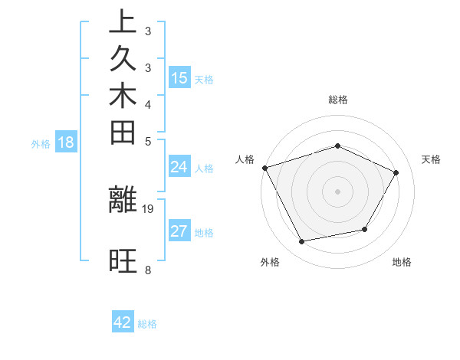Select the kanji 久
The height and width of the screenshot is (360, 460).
[x=123, y=61]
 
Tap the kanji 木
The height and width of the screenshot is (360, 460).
[x=123, y=97]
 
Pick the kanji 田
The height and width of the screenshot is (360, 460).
[x=123, y=134]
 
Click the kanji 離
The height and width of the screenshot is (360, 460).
[x=123, y=200]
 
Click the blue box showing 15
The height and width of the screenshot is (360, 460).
[x=179, y=77]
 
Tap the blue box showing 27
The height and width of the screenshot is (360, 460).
[x=179, y=231]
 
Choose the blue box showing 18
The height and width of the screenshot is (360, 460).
[x=66, y=142]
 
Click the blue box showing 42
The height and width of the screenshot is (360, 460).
[x=123, y=322]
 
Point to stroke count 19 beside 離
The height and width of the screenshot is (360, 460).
[x=149, y=208]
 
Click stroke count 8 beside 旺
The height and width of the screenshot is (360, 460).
[x=147, y=270]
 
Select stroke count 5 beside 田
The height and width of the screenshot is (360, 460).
[x=147, y=141]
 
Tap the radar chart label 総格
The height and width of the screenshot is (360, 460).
[x=338, y=100]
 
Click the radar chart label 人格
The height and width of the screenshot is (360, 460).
[x=245, y=159]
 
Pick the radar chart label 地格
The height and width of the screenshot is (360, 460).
[x=402, y=263]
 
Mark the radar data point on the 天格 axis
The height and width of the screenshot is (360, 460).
[x=396, y=172]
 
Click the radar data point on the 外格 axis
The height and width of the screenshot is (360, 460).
[x=302, y=242]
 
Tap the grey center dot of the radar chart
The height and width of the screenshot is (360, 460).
[x=337, y=191]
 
